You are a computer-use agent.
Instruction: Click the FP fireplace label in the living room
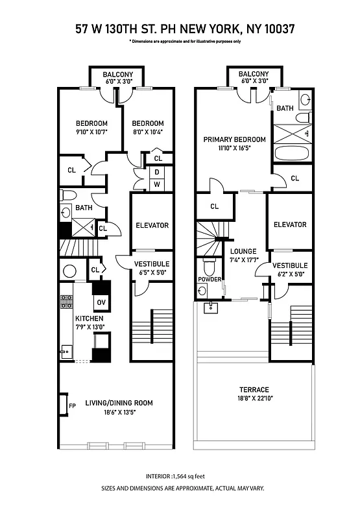[72, 407]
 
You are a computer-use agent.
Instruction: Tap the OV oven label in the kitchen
[102, 302]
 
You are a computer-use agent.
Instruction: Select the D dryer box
[156, 173]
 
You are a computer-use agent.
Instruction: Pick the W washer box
[156, 185]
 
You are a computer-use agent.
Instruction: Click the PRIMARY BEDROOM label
[234, 139]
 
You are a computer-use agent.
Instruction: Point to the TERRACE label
[254, 390]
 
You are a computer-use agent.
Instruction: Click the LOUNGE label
[243, 251]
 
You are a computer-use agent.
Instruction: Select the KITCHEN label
[89, 319]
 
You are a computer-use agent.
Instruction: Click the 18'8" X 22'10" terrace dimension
[254, 399]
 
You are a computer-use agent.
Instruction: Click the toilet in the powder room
[209, 267]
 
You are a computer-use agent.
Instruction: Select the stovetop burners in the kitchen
[66, 301]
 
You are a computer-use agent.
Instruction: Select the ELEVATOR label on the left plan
[152, 225]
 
